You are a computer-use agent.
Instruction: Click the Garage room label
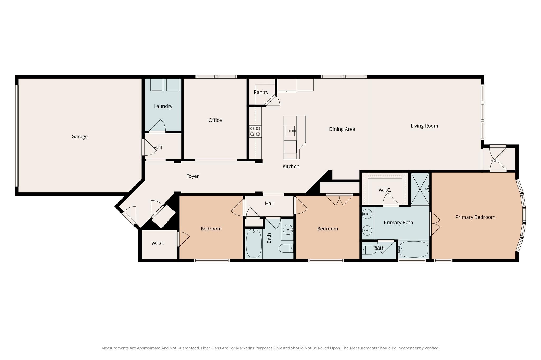point(80,137)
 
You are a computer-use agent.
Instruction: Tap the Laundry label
point(163,106)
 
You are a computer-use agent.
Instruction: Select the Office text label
point(215,120)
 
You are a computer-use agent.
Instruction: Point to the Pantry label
point(261,92)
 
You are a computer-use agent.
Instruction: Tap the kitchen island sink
point(290,131)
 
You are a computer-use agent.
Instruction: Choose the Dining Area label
point(342,129)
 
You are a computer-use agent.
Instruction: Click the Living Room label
point(424,126)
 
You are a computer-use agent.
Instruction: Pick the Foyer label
point(192,176)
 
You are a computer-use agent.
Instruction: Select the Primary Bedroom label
point(475,217)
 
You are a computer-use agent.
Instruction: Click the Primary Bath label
point(398,223)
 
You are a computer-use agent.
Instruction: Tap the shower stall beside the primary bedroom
point(420,189)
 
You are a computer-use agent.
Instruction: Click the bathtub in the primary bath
point(414,249)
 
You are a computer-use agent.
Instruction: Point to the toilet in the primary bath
point(369,250)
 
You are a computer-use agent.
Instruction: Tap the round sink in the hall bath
point(288,230)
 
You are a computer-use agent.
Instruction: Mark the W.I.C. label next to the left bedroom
point(158,244)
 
